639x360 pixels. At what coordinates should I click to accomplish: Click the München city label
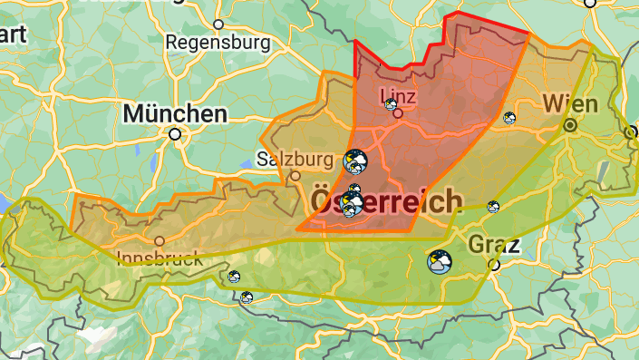[176, 114]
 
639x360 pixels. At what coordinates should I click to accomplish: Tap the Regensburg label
[218, 43]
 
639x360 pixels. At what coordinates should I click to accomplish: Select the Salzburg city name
[295, 159]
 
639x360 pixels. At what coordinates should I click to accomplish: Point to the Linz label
[400, 94]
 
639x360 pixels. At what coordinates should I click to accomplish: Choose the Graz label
[494, 245]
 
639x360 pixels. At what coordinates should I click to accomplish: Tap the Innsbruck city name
[160, 259]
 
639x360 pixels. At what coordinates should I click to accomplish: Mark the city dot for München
[175, 134]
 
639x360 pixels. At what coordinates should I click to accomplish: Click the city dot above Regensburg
[218, 24]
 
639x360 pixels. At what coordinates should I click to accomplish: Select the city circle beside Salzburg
[295, 176]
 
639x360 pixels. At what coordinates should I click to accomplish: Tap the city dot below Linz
[398, 113]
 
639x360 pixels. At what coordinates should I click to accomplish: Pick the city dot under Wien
[570, 125]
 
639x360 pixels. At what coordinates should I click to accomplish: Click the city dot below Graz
[494, 265]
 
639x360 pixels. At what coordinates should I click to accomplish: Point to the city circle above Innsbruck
[160, 241]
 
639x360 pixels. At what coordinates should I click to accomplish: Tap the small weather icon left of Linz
[390, 104]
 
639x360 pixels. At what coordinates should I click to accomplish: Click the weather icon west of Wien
[509, 117]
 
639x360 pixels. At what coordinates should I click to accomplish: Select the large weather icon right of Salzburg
[354, 162]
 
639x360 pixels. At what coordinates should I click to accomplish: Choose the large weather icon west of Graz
[440, 261]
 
